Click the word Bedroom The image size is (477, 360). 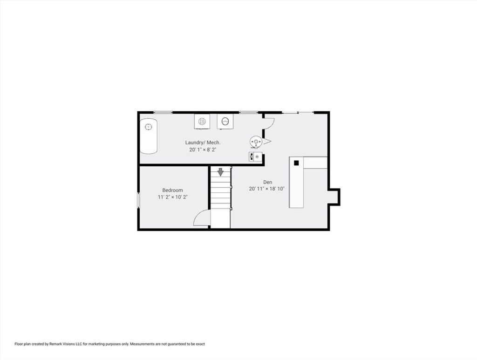tap(172, 190)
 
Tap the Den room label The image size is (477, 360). tap(268, 182)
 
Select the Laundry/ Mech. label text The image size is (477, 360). tap(203, 143)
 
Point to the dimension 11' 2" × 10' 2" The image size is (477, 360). tap(172, 197)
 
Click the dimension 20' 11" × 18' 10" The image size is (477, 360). tap(267, 189)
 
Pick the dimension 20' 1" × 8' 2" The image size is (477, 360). tap(203, 149)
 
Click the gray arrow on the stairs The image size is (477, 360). tap(220, 172)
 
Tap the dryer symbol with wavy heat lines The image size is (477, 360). tap(202, 122)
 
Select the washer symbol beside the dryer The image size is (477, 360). tap(225, 122)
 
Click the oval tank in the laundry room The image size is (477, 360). tap(149, 136)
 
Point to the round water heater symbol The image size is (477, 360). tap(256, 142)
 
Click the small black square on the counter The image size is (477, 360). tap(296, 163)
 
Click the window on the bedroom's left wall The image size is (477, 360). tap(138, 200)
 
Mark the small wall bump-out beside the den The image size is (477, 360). tap(334, 197)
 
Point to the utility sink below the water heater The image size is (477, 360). tap(256, 156)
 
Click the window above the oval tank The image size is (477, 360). tap(163, 113)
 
